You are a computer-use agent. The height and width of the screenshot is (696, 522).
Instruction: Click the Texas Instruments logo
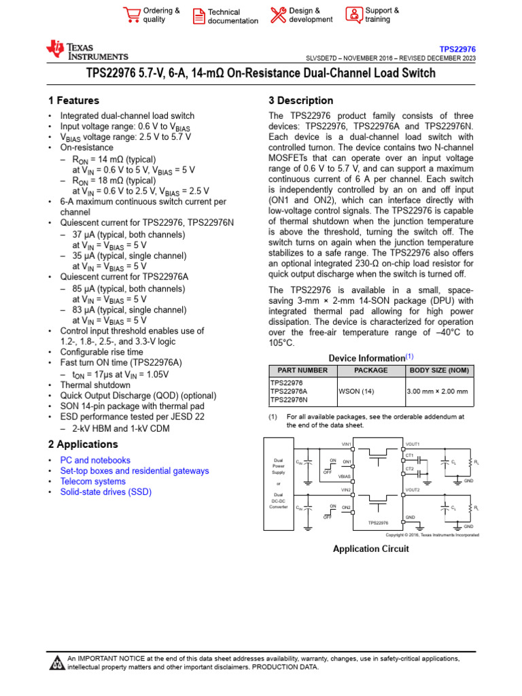point(86,50)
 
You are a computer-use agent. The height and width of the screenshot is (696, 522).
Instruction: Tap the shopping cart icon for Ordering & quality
point(131,15)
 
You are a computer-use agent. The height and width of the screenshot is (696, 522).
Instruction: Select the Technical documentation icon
point(198,16)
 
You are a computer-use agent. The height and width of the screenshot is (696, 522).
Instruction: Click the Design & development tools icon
point(278,15)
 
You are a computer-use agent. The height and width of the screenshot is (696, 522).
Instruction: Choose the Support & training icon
point(354,15)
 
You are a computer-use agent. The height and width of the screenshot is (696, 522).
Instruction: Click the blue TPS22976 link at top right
point(457,50)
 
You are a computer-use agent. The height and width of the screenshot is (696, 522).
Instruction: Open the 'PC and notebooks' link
point(95,460)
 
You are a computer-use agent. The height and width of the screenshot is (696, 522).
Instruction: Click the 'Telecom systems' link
point(92,481)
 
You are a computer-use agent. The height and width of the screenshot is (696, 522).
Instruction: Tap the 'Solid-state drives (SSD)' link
point(105,491)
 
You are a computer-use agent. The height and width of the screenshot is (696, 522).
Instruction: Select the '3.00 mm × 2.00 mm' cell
point(437,391)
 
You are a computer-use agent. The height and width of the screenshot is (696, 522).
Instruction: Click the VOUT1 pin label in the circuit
point(413,444)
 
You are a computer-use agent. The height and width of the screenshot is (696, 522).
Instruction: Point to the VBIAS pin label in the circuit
point(345,477)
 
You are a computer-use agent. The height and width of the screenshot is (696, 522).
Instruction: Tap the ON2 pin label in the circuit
point(346,508)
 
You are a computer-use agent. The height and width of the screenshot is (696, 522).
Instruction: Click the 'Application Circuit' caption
point(370,549)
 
